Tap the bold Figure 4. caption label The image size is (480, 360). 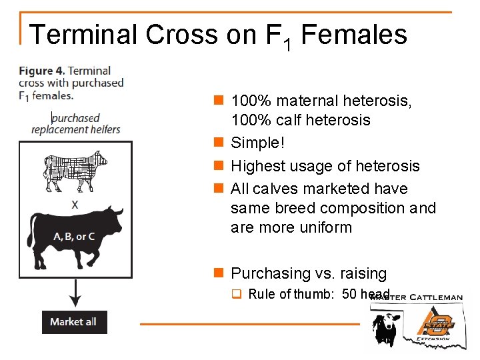[x=42, y=71]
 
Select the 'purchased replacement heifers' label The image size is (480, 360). [x=76, y=123]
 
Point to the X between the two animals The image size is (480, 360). [x=75, y=205]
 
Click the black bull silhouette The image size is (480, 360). [x=75, y=237]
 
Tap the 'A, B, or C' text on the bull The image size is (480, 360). [x=74, y=237]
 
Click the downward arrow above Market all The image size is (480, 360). [x=75, y=293]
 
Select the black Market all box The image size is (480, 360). [x=74, y=322]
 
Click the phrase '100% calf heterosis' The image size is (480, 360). [x=300, y=121]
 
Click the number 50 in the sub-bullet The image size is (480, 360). [x=349, y=295]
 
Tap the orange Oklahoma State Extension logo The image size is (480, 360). [x=436, y=324]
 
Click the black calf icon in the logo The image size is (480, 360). [x=385, y=327]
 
